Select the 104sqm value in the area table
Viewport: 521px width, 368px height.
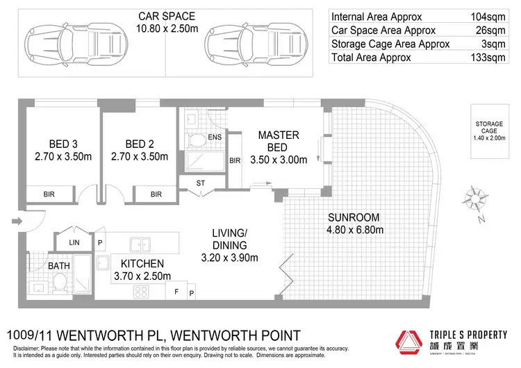[493, 17]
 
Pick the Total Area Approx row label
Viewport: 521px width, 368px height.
[371, 57]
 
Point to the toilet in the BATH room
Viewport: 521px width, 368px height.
[60, 282]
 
